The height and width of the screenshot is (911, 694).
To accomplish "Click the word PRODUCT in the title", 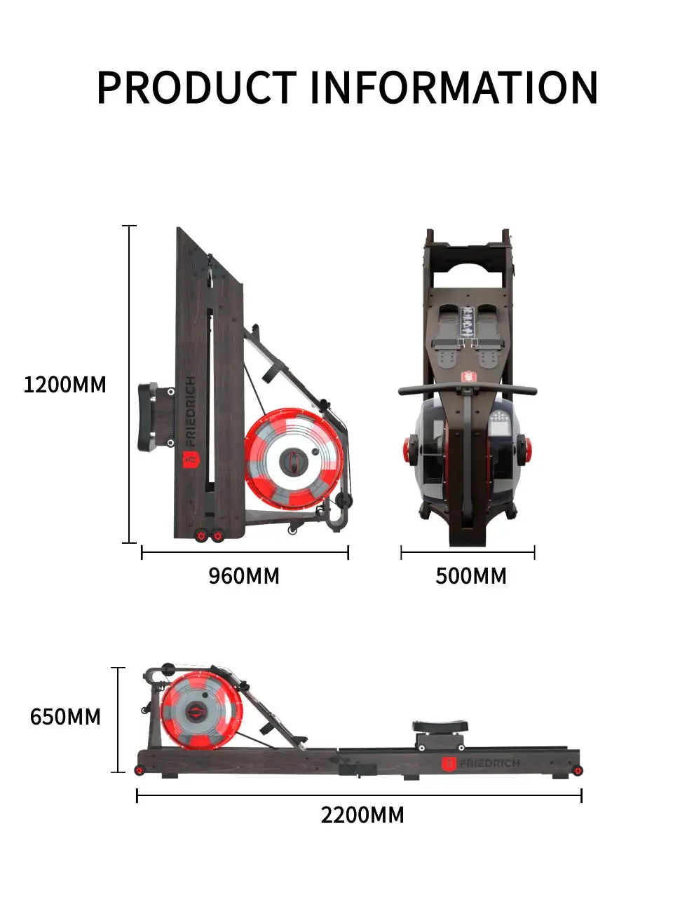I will [x=196, y=88].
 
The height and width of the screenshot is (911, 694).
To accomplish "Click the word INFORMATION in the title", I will [x=454, y=88].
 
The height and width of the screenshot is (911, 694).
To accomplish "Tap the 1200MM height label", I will [x=64, y=385].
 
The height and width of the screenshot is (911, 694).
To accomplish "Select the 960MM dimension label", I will [x=244, y=576].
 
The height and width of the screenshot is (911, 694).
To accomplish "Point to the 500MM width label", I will [x=470, y=576].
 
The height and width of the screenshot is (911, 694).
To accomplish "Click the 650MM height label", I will [x=65, y=717].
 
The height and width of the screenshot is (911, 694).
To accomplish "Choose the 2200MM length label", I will [x=362, y=815].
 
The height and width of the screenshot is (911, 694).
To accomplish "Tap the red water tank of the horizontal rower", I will [x=201, y=712].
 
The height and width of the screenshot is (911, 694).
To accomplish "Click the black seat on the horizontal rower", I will [x=439, y=727].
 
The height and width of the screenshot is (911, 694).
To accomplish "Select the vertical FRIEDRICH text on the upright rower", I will [x=190, y=411].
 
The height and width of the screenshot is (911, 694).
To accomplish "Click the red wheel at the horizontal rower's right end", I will [x=578, y=771].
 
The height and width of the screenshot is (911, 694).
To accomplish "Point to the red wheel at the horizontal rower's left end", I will [x=139, y=771].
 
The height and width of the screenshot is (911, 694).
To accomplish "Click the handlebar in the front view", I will [x=468, y=390].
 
